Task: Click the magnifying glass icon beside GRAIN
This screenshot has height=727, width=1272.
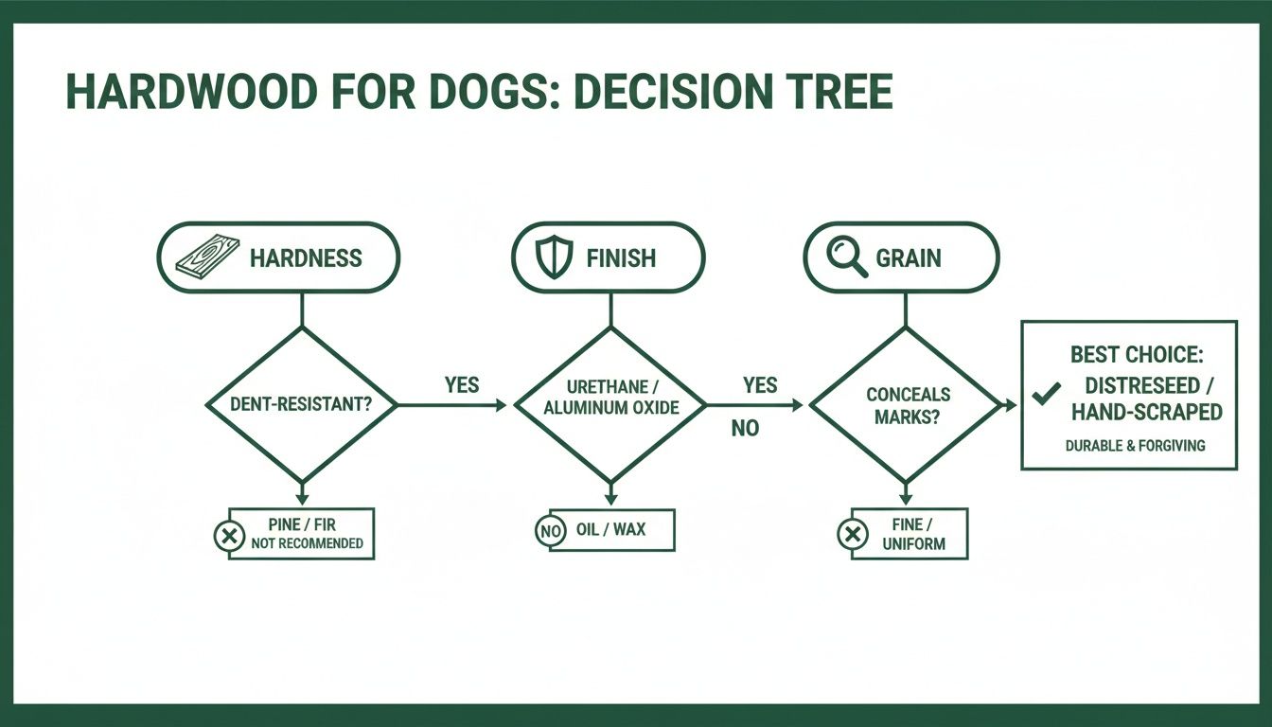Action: (846, 257)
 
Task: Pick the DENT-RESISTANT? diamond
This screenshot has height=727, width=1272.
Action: (301, 405)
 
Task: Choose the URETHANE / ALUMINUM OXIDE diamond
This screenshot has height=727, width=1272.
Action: (609, 405)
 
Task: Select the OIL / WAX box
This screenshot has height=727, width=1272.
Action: (611, 530)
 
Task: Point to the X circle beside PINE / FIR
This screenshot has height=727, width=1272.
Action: (228, 537)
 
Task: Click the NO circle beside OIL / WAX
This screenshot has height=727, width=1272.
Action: (550, 531)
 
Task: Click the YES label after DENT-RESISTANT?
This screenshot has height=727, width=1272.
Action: (461, 385)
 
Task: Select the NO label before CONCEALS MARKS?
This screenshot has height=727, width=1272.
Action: (745, 429)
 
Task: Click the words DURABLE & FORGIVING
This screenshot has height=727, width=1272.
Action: (1134, 445)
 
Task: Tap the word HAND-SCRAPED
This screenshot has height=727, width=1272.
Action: (1146, 413)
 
